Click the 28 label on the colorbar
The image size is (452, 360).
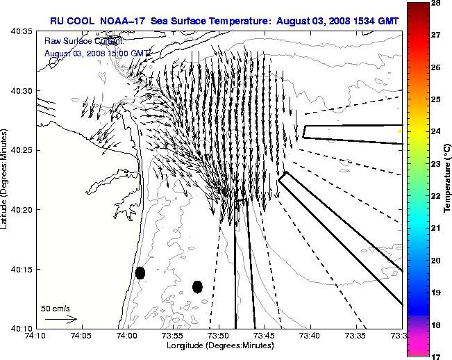pyautogui.click(x=438, y=3)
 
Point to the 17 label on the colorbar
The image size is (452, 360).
pyautogui.click(x=438, y=356)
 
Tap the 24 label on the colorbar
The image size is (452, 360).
pyautogui.click(x=438, y=131)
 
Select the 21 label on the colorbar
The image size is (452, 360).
pyautogui.click(x=438, y=228)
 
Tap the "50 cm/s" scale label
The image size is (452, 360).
pyautogui.click(x=56, y=308)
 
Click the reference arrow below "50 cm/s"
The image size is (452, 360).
pyautogui.click(x=60, y=319)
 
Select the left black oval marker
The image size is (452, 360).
pyautogui.click(x=140, y=272)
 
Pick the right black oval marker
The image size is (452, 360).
pyautogui.click(x=197, y=286)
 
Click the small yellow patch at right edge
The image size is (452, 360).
pyautogui.click(x=399, y=130)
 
